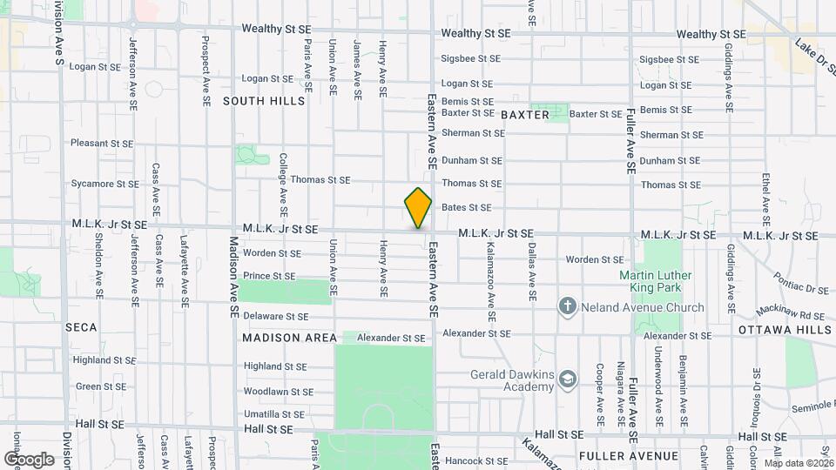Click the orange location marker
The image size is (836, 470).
[418, 208]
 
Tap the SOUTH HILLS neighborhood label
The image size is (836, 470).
[264, 101]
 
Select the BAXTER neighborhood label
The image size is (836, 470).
[525, 115]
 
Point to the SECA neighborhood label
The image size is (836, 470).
[80, 327]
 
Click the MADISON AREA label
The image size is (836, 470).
[289, 338]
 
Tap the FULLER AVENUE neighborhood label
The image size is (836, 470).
[628, 456]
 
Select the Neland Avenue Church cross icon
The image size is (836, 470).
[567, 307]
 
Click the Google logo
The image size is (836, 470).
[29, 459]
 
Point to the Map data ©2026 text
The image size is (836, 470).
[798, 462]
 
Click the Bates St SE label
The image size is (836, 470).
[467, 207]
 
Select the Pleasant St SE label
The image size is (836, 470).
[102, 143]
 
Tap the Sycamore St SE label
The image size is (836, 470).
[104, 184]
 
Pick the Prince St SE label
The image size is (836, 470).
[270, 276]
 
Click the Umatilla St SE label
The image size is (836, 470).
[273, 414]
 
